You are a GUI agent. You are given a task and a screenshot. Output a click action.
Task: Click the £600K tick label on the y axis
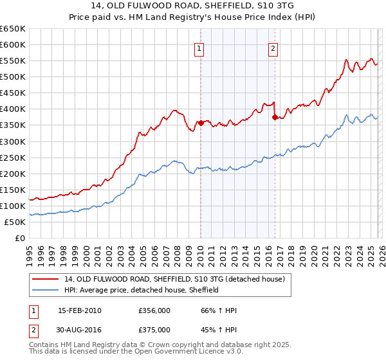coord(13,45)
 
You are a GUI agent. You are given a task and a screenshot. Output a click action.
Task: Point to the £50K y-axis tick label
coord(15,222)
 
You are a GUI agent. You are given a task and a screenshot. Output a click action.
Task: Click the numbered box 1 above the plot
coord(199,48)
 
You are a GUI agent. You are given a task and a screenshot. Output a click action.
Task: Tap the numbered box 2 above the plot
coord(273,48)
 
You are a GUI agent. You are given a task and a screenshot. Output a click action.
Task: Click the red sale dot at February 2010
coord(200,123)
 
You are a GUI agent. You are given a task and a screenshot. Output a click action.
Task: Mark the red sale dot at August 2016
coord(275,117)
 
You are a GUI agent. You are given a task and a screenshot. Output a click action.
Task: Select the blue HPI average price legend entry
coord(142,290)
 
